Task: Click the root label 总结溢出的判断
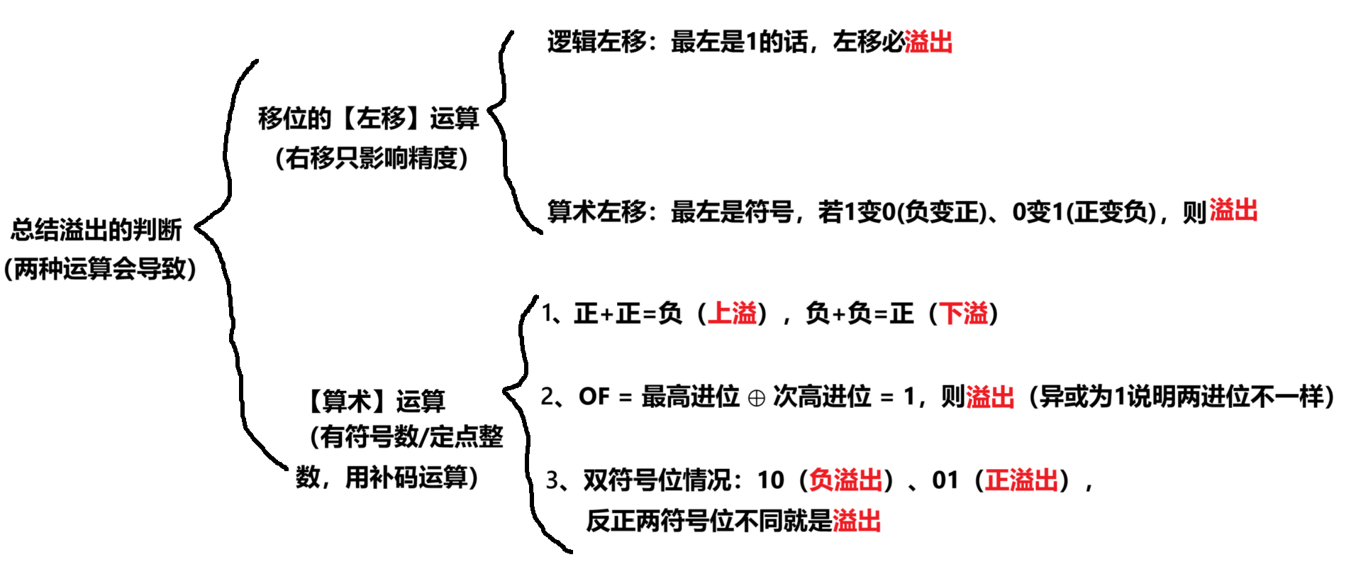click(x=96, y=229)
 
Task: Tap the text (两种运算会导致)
click(x=100, y=269)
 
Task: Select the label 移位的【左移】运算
click(x=369, y=118)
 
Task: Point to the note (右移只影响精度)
click(x=372, y=158)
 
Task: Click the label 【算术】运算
click(x=375, y=401)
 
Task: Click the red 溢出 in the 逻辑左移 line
click(x=928, y=42)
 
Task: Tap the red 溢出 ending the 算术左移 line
click(x=1233, y=211)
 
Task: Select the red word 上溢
click(x=732, y=313)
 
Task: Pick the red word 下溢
click(x=963, y=313)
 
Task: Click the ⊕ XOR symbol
click(x=757, y=398)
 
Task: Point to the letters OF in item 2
click(x=594, y=397)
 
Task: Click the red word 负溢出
click(x=845, y=480)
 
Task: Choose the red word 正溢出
click(x=1021, y=480)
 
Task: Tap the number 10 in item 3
click(x=771, y=480)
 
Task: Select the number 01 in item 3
click(x=945, y=480)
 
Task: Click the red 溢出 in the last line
click(x=857, y=521)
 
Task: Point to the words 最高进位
click(x=690, y=397)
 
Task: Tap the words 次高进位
click(x=821, y=397)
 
